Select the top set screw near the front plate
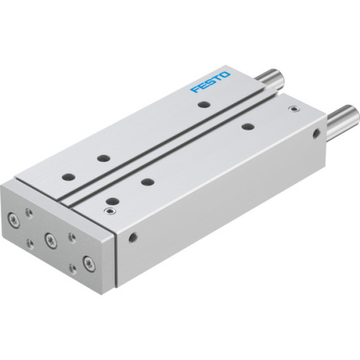(109, 212)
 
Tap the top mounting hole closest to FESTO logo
(204, 105)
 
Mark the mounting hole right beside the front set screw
(111, 200)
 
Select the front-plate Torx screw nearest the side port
(88, 262)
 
